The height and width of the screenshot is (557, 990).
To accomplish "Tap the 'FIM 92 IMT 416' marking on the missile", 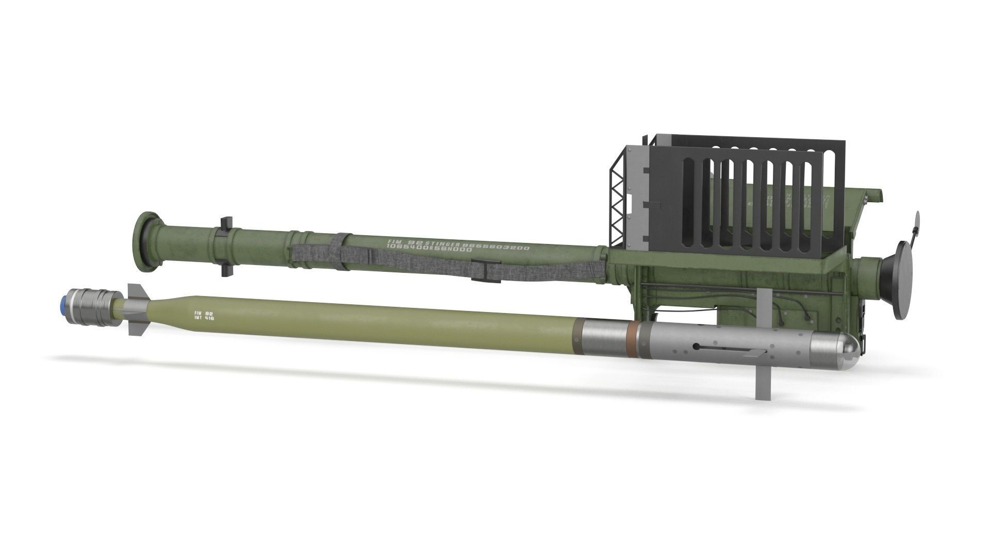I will (x=204, y=316).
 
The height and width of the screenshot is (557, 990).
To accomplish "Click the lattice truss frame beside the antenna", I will (x=617, y=209).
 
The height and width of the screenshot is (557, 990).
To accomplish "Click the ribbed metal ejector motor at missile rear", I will (x=95, y=304).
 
